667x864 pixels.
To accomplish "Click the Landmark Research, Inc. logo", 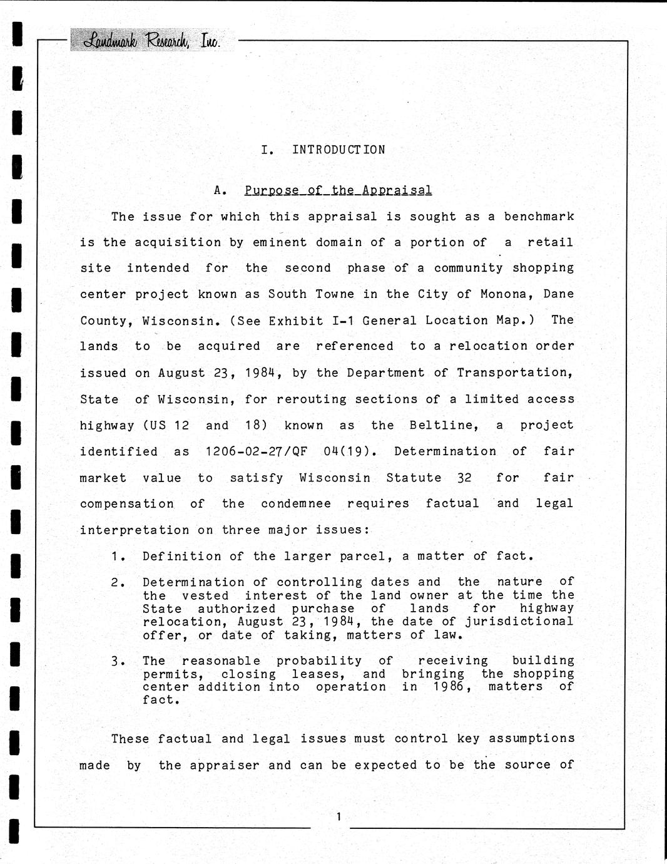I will point(152,40).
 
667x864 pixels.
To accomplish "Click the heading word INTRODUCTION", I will point(339,150).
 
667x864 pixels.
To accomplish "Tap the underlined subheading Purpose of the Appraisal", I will point(338,190).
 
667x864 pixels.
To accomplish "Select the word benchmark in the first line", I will point(539,217).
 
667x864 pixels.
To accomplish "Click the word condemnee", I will point(296,503).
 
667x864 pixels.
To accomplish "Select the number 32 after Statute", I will point(464,478).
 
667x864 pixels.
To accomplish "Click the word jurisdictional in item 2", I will point(519,621).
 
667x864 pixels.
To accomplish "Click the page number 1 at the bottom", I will point(339,816).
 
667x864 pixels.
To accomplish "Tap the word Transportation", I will point(514,373).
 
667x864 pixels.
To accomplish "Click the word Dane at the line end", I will point(558,294).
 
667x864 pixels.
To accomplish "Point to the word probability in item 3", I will point(319,661).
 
